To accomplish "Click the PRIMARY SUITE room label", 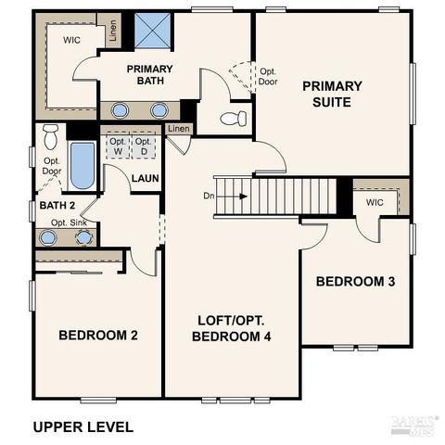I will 332,94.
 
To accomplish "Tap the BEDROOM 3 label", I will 355,282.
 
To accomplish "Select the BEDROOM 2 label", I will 98,335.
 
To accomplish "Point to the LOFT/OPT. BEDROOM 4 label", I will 232,328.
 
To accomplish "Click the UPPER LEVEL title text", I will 83,427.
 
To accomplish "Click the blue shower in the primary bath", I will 148,30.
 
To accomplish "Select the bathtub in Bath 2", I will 83,164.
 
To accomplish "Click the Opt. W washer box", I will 118,146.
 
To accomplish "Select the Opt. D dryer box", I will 143,146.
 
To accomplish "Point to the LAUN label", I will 144,178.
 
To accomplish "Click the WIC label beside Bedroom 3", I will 375,202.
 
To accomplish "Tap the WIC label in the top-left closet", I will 71,41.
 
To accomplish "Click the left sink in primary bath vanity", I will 120,110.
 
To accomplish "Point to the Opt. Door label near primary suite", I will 268,76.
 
